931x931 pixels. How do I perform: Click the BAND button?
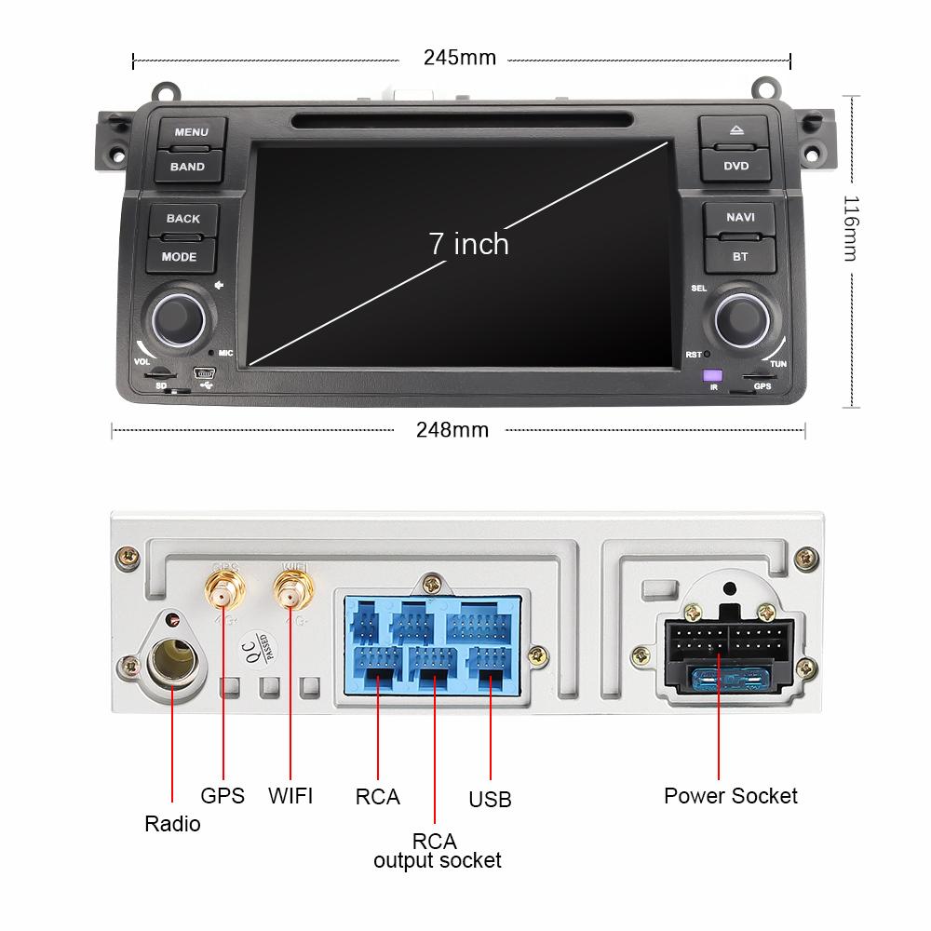tap(187, 167)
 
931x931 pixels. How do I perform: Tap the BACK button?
tap(183, 219)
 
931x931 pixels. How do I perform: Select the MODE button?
tap(179, 256)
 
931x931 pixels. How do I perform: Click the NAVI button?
tap(740, 218)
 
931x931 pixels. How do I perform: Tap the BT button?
tap(740, 256)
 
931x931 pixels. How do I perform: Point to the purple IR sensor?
tap(713, 374)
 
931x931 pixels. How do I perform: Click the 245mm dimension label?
tap(460, 58)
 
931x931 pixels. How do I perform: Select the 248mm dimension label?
tap(452, 429)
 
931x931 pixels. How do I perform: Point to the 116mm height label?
tap(850, 227)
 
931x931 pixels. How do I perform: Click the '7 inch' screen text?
tap(468, 244)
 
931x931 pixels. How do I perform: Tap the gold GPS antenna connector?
tap(223, 588)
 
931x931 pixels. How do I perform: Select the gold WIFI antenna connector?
tap(291, 588)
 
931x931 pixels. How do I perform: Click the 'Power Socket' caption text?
tap(730, 796)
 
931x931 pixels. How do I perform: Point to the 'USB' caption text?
tap(490, 800)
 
